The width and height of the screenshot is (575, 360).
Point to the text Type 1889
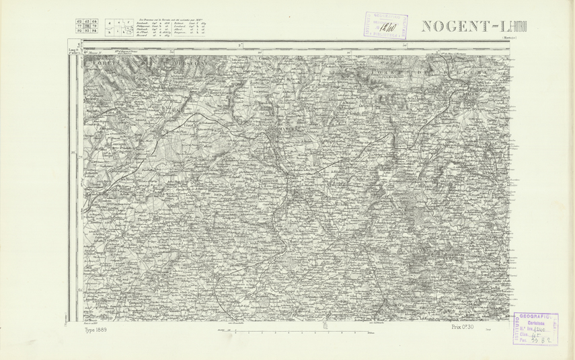[96, 330]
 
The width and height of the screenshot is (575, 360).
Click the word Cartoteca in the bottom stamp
[537, 322]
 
